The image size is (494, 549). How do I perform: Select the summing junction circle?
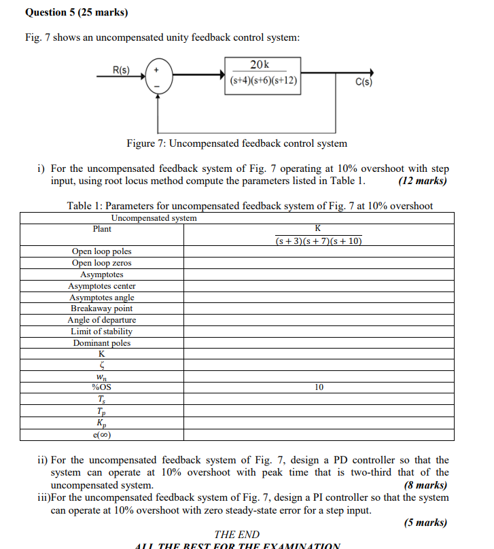(x=158, y=75)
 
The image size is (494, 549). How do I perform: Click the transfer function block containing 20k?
(x=262, y=73)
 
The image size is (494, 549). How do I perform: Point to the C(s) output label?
(x=364, y=83)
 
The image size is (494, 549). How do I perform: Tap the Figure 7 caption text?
(x=236, y=143)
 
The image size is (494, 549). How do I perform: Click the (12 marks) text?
(x=423, y=181)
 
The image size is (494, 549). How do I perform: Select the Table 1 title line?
(x=249, y=206)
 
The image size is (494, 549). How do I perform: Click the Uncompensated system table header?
(x=154, y=218)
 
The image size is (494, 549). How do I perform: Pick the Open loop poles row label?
(x=102, y=251)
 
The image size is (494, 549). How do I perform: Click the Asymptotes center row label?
(x=102, y=286)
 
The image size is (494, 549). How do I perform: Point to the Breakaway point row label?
(x=102, y=308)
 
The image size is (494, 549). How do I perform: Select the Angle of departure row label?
(x=102, y=320)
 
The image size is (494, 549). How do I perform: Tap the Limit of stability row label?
(x=102, y=332)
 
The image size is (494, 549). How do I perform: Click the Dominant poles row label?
(x=102, y=343)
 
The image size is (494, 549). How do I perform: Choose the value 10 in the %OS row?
(x=319, y=387)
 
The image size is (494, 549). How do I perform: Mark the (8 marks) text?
(x=425, y=485)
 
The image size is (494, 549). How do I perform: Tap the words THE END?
(x=236, y=535)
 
